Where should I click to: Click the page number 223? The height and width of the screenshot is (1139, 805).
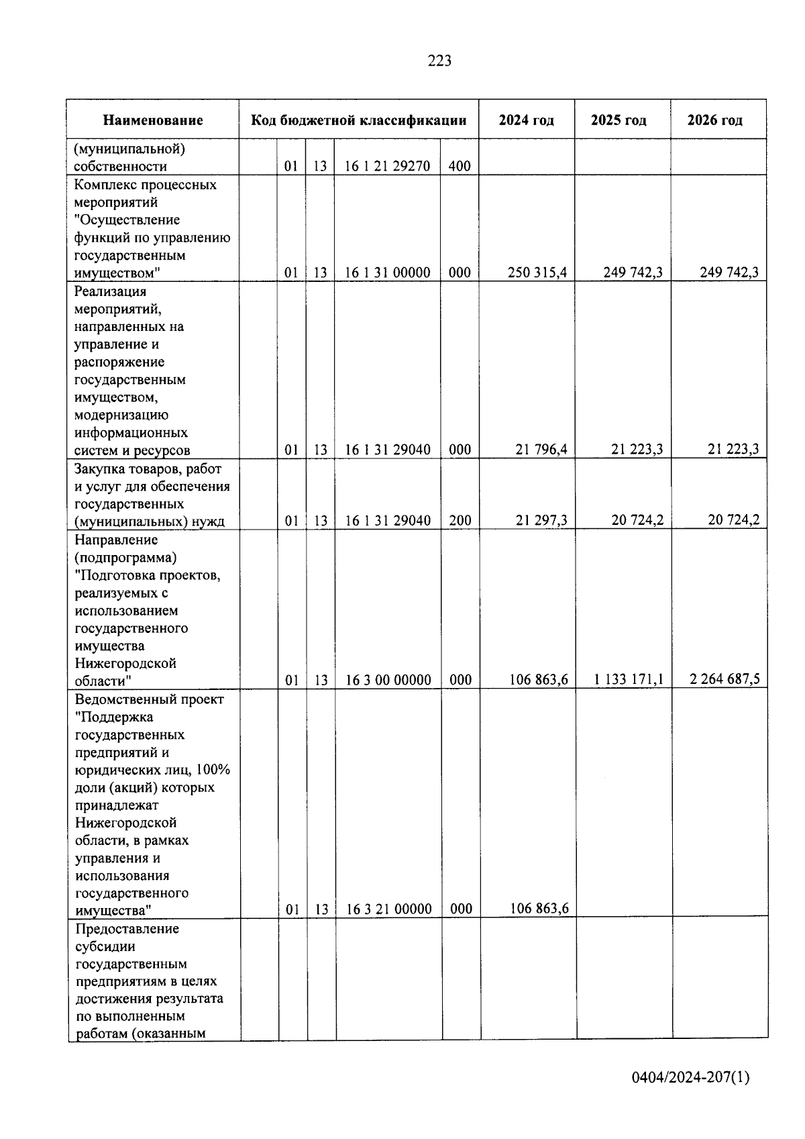[x=439, y=61]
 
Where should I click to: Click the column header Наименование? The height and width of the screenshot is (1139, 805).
[x=153, y=121]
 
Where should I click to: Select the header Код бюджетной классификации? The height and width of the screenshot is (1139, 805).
[x=358, y=121]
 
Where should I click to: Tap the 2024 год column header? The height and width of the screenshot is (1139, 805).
[x=527, y=121]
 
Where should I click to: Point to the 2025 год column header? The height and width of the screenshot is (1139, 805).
[x=619, y=121]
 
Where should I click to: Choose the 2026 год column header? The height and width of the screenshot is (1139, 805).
[x=715, y=121]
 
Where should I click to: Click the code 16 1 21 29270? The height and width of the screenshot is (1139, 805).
[x=388, y=166]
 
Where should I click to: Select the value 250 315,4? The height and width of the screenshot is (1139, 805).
[x=537, y=273]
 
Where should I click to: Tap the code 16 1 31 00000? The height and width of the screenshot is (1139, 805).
[x=388, y=273]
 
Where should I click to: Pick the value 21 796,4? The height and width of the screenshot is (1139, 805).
[x=541, y=450]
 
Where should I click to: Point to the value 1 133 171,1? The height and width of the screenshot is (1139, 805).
[x=629, y=679]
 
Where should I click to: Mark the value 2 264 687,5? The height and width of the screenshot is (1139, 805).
[x=725, y=679]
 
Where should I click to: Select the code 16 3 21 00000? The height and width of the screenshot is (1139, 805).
[x=388, y=909]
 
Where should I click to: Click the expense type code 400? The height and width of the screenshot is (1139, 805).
[x=460, y=166]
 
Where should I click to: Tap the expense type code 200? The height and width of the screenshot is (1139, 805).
[x=460, y=520]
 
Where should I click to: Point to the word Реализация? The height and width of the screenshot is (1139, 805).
[x=111, y=292]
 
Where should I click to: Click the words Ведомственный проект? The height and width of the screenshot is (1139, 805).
[x=150, y=699]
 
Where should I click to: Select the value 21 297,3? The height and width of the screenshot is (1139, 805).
[x=541, y=520]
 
